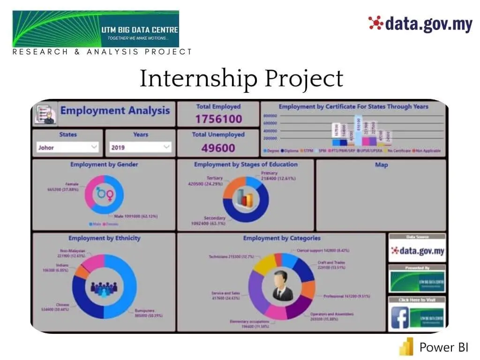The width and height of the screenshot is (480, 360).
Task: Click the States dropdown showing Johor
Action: click(x=67, y=147)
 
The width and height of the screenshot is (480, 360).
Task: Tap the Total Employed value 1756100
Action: click(x=218, y=119)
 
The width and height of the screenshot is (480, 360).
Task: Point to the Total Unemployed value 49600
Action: click(x=218, y=148)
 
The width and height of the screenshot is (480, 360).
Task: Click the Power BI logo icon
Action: click(x=406, y=347)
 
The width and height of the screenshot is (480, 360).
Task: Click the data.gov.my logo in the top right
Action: click(x=420, y=23)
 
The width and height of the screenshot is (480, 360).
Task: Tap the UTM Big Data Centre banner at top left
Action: click(x=96, y=29)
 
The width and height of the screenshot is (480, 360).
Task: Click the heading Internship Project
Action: click(x=241, y=79)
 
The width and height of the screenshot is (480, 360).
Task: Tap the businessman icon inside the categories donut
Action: click(x=283, y=285)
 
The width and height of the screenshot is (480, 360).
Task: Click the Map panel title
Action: click(x=381, y=165)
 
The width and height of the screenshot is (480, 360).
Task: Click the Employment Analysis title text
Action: click(x=115, y=111)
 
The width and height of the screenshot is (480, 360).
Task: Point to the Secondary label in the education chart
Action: click(x=215, y=218)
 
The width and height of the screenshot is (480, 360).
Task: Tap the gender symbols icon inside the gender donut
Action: click(x=104, y=194)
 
